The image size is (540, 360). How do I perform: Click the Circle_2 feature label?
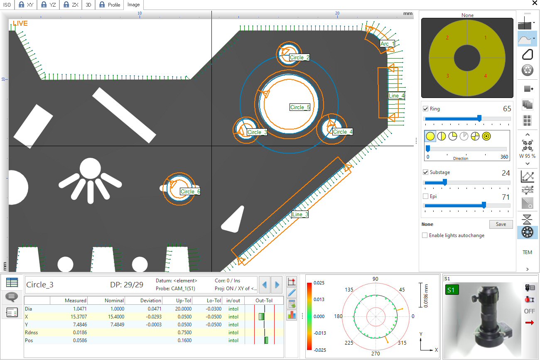click(x=299, y=58)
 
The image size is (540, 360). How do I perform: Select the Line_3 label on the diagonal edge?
click(x=300, y=215)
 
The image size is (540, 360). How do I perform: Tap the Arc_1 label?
click(x=387, y=44)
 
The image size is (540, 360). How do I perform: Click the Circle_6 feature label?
click(x=190, y=191)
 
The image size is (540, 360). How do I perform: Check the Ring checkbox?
click(x=426, y=109)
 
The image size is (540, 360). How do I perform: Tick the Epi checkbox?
click(x=426, y=196)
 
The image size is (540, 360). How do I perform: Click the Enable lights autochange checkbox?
click(x=425, y=235)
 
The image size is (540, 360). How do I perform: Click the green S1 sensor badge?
click(x=452, y=289)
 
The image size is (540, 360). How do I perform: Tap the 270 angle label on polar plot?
click(x=376, y=354)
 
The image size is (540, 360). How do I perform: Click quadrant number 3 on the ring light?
click(x=448, y=76)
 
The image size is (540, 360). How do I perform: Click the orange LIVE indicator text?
click(x=20, y=24)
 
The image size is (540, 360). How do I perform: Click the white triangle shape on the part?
click(x=234, y=220)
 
